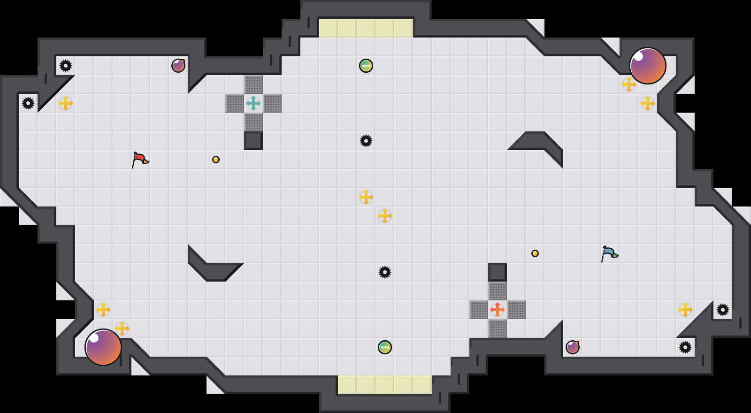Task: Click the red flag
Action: click(140, 160)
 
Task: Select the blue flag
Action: click(609, 253)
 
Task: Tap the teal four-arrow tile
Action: click(253, 103)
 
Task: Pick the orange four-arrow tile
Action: click(498, 310)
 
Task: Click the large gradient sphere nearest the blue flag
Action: click(648, 66)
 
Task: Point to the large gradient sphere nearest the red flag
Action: click(103, 347)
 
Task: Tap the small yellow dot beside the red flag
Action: click(216, 160)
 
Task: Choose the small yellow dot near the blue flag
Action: click(535, 253)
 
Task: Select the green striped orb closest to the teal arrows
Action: click(366, 66)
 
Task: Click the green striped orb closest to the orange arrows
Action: click(385, 347)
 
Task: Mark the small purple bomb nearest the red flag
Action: click(178, 66)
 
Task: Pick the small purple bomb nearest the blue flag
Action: click(573, 347)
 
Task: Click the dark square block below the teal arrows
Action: click(253, 141)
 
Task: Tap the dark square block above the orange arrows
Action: click(498, 272)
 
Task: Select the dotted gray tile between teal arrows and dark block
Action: click(253, 122)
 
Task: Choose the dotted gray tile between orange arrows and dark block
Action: click(498, 291)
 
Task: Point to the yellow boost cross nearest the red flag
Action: click(66, 103)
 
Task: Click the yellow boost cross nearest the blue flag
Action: click(685, 310)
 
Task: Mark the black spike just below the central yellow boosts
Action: click(385, 272)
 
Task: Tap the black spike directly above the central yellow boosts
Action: click(366, 141)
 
